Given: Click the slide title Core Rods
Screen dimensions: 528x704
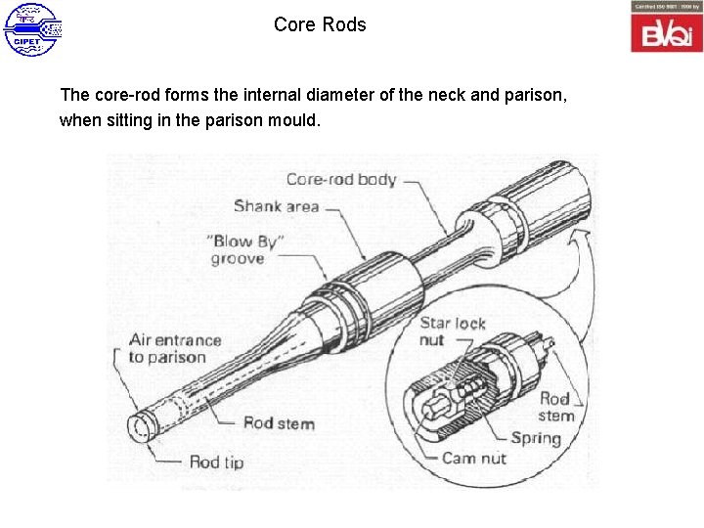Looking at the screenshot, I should [320, 24].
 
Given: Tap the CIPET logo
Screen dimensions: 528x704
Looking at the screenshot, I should [32, 29].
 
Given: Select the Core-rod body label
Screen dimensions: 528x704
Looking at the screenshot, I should [340, 179].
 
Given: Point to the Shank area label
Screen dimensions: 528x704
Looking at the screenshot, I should [277, 205].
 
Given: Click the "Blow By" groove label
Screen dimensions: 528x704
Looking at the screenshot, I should [245, 250].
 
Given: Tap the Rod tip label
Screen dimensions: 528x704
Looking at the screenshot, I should [216, 462].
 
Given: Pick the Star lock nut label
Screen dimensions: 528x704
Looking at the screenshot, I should [453, 331].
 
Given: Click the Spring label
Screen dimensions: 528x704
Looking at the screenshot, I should [535, 438].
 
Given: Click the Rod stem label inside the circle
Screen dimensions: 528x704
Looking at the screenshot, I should [555, 407].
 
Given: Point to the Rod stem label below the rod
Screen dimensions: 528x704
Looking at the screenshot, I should [279, 422].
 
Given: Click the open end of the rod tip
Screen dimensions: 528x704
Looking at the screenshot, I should [139, 426].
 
